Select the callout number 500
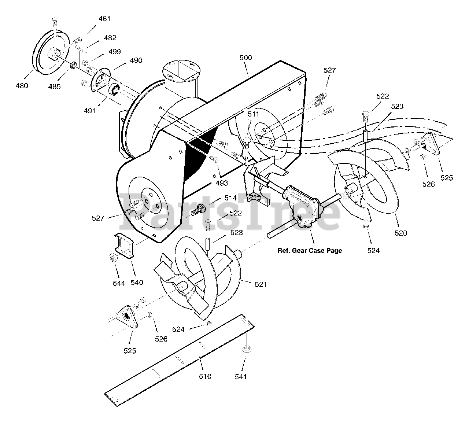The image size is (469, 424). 245,58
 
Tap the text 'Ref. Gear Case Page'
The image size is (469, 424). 310,251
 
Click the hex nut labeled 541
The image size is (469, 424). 246,349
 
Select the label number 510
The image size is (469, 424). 205,376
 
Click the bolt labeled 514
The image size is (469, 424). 198,210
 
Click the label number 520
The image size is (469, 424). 400,233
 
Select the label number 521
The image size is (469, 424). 261,284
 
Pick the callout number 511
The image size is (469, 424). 253,114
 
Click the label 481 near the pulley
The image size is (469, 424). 104,18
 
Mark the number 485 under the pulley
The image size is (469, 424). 55,87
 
